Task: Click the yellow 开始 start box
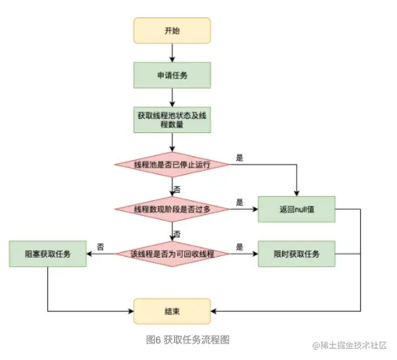coord(173,31)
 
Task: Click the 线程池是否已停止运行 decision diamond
coord(173,165)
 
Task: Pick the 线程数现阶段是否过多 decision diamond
coord(173,209)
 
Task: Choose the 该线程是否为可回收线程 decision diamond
coord(173,254)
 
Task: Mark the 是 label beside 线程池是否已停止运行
coord(239,158)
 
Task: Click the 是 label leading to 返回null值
coord(239,202)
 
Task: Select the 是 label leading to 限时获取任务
coord(239,247)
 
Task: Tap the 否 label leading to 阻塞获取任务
coord(101,247)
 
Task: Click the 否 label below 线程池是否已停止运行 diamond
coord(177,189)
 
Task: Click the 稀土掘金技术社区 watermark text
coord(354,347)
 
